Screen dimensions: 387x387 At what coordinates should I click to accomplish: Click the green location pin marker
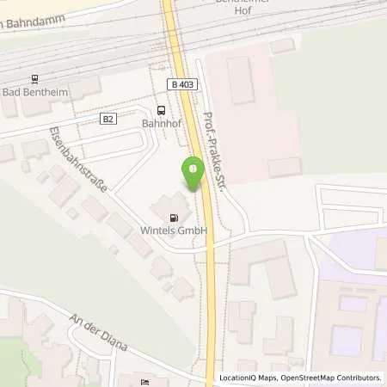[x=193, y=173]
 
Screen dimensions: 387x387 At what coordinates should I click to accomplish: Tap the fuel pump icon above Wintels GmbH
[x=176, y=218]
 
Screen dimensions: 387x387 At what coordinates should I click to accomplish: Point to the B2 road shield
[x=108, y=120]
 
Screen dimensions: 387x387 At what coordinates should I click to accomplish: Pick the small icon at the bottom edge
[x=144, y=383]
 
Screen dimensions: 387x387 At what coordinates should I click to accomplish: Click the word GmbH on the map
[x=193, y=231]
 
